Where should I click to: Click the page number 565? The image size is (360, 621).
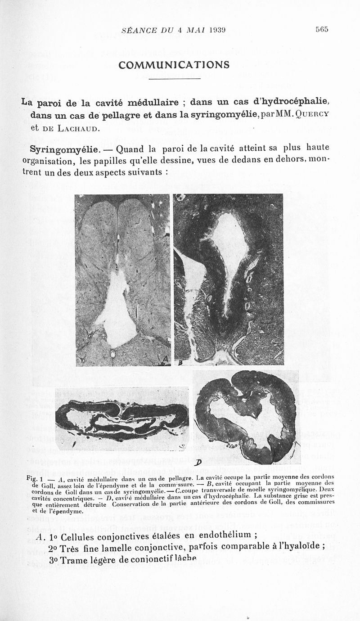tap(322, 30)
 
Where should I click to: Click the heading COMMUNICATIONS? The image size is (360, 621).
tap(174, 65)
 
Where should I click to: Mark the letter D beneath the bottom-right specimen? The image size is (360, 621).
tap(198, 464)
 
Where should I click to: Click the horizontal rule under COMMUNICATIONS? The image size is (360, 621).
tap(174, 79)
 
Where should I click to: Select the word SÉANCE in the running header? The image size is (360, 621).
tap(138, 30)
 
